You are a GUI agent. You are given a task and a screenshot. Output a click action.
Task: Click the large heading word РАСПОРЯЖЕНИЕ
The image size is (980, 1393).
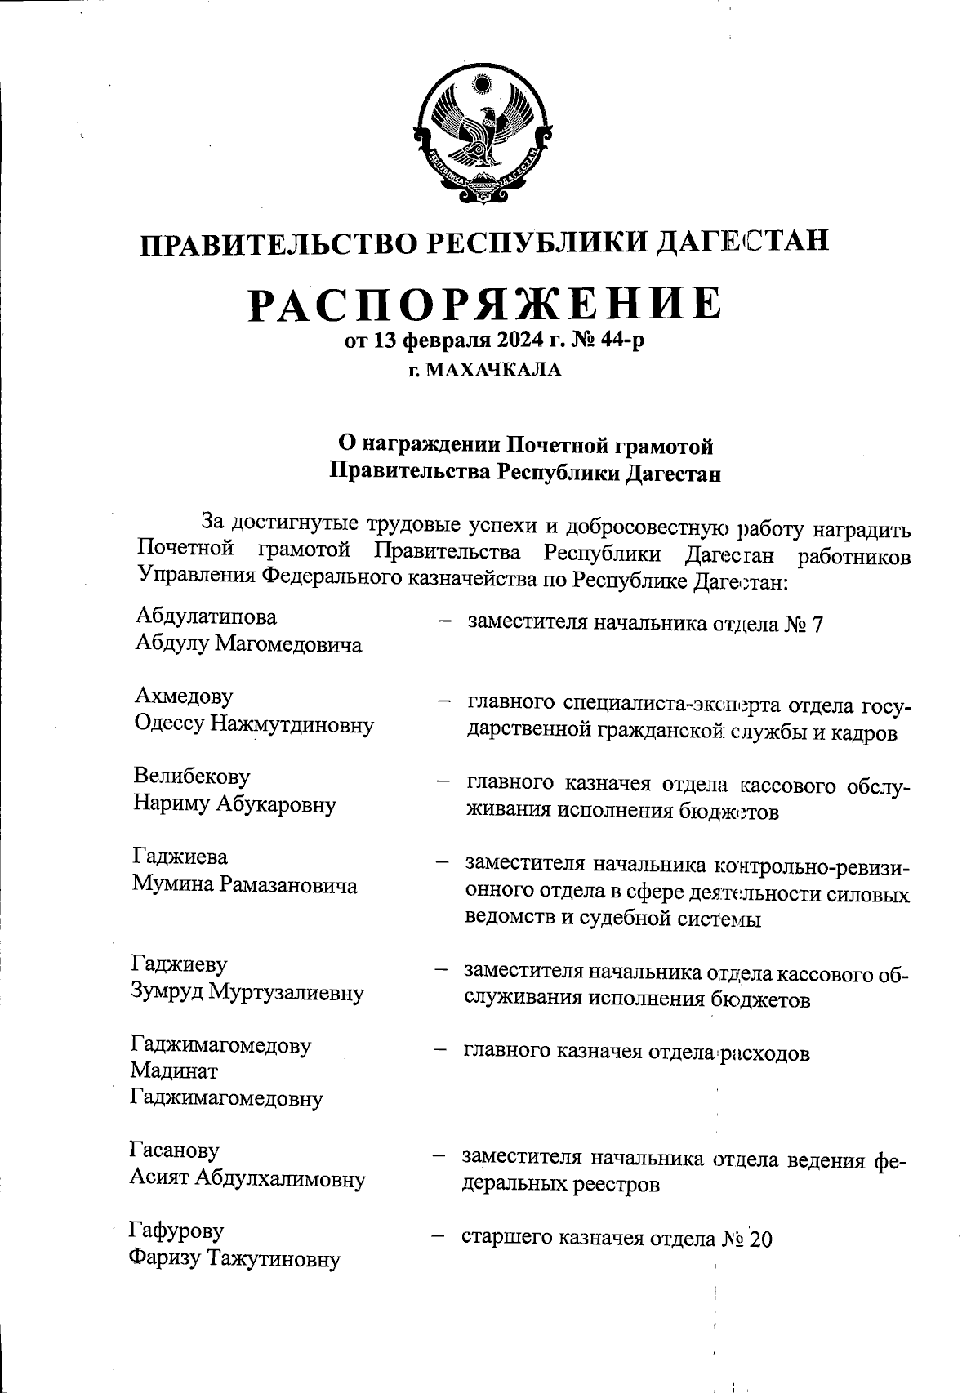point(485,303)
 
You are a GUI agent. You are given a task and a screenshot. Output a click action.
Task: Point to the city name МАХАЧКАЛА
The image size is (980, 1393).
point(495,371)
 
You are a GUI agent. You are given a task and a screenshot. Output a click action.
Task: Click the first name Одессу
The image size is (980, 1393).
point(170,724)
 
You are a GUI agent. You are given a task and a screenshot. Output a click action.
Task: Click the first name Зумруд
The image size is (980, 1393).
point(167,992)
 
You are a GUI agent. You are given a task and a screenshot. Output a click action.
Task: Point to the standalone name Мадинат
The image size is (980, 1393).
point(174,1071)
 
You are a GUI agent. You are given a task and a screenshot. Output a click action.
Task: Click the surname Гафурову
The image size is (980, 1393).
point(176,1231)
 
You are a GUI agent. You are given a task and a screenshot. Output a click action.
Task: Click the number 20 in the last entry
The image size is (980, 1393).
point(759,1239)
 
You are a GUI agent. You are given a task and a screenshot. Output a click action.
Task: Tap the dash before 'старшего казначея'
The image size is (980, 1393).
point(438,1235)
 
